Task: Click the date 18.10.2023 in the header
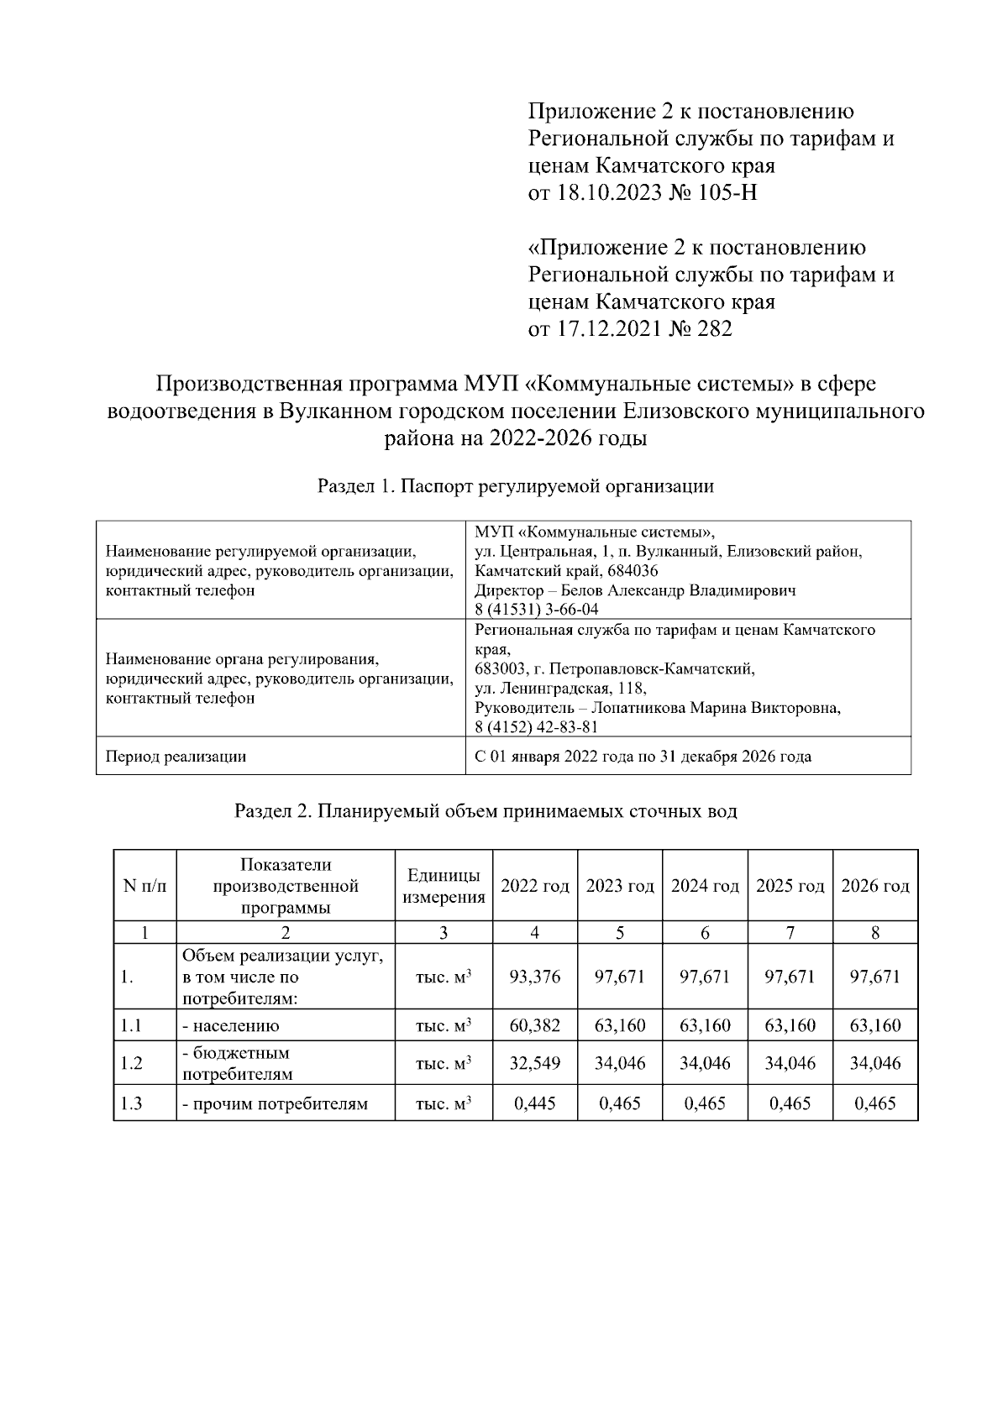point(604,193)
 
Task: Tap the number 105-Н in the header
point(727,193)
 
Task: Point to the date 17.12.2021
point(604,328)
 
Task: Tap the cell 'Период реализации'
point(176,756)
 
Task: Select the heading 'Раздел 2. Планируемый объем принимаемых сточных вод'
point(486,811)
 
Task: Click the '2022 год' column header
point(535,886)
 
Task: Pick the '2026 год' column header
point(875,886)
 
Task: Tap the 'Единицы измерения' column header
point(444,886)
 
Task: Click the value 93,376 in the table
point(535,977)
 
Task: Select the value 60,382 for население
point(535,1025)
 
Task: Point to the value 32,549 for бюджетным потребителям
point(535,1063)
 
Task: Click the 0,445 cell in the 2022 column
point(535,1103)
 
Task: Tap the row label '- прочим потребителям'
point(275,1103)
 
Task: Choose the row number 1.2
point(131,1063)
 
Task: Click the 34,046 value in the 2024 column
point(705,1063)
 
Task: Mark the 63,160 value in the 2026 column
point(875,1025)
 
